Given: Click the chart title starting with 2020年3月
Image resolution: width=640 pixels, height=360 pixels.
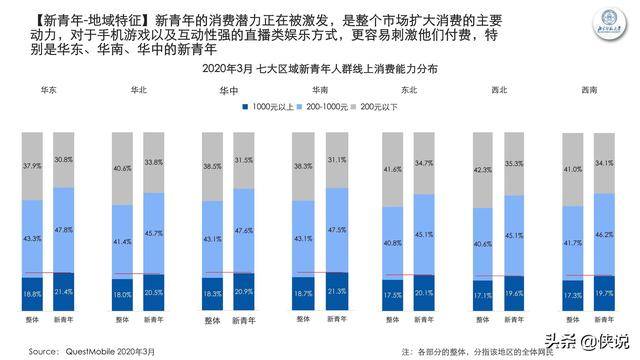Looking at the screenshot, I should coord(319,69).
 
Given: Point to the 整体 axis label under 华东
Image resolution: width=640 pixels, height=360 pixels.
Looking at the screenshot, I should coord(34,319).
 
